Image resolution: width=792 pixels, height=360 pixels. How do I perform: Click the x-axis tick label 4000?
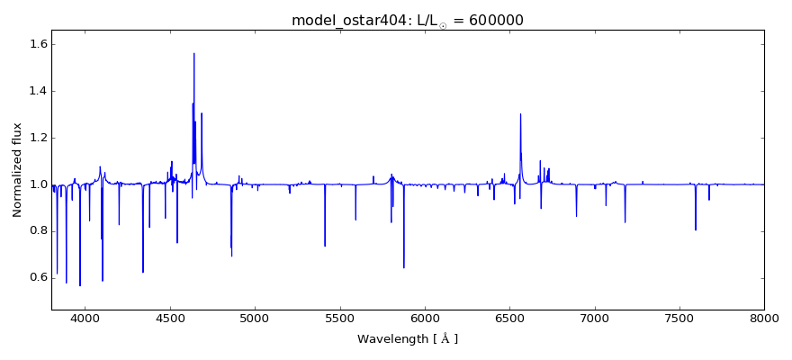[x=85, y=318]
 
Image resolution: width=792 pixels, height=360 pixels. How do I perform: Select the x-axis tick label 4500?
[x=170, y=318]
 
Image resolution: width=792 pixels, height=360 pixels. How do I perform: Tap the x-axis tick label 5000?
[x=255, y=318]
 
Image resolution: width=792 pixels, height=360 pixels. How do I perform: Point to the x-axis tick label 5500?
[x=339, y=318]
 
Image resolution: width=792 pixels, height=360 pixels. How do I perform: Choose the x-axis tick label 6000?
[x=425, y=318]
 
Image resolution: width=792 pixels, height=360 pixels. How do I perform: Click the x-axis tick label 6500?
[x=509, y=318]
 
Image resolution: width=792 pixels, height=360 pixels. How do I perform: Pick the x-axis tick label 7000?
[x=595, y=318]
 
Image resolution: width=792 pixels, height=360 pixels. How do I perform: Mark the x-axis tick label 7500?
[x=679, y=318]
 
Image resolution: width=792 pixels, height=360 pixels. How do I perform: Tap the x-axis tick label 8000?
[x=764, y=318]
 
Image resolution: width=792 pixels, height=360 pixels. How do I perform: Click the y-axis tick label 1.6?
[x=37, y=44]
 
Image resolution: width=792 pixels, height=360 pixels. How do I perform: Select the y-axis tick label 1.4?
[x=37, y=91]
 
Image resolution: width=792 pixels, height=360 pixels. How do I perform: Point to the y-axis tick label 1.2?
[x=37, y=138]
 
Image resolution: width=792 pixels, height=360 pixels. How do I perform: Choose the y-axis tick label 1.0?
[x=37, y=184]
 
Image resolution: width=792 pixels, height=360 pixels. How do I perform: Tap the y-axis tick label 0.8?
[x=37, y=230]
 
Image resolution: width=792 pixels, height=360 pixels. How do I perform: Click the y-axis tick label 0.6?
[x=37, y=277]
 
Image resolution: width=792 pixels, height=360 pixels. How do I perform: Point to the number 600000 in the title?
[x=492, y=21]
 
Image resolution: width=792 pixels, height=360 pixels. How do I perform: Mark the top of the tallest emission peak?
[x=193, y=53]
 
